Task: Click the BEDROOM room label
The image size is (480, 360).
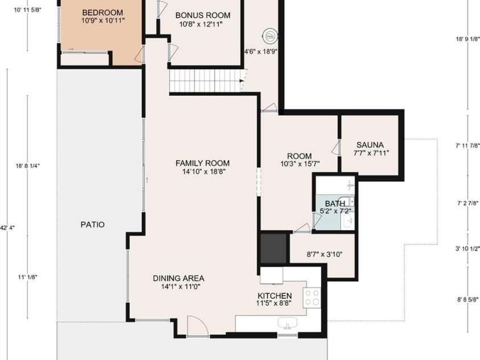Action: (x=102, y=13)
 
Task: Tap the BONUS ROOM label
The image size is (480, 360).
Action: (x=203, y=15)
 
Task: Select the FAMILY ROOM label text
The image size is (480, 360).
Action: (x=202, y=163)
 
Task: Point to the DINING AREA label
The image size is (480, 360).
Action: (x=178, y=279)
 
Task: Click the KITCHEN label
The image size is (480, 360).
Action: (x=274, y=296)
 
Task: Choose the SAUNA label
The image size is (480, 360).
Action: (x=370, y=145)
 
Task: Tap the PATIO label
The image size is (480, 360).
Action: (x=92, y=224)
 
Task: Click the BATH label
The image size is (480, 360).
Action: (x=335, y=203)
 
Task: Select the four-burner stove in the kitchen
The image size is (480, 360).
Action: (x=311, y=297)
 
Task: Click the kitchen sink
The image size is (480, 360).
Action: (x=288, y=322)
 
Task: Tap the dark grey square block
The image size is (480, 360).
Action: (x=273, y=248)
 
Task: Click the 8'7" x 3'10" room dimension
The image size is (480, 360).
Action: (x=324, y=254)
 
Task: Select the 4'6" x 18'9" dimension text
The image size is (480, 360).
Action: (x=261, y=51)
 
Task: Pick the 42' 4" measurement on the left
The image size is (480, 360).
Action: (x=7, y=228)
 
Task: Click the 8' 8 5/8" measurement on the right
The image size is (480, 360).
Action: (x=467, y=300)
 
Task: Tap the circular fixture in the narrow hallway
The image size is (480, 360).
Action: (x=270, y=36)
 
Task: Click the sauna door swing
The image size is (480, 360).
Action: (x=336, y=148)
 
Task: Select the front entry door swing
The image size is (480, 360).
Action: (x=198, y=326)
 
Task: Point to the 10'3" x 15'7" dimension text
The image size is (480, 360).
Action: (x=300, y=164)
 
